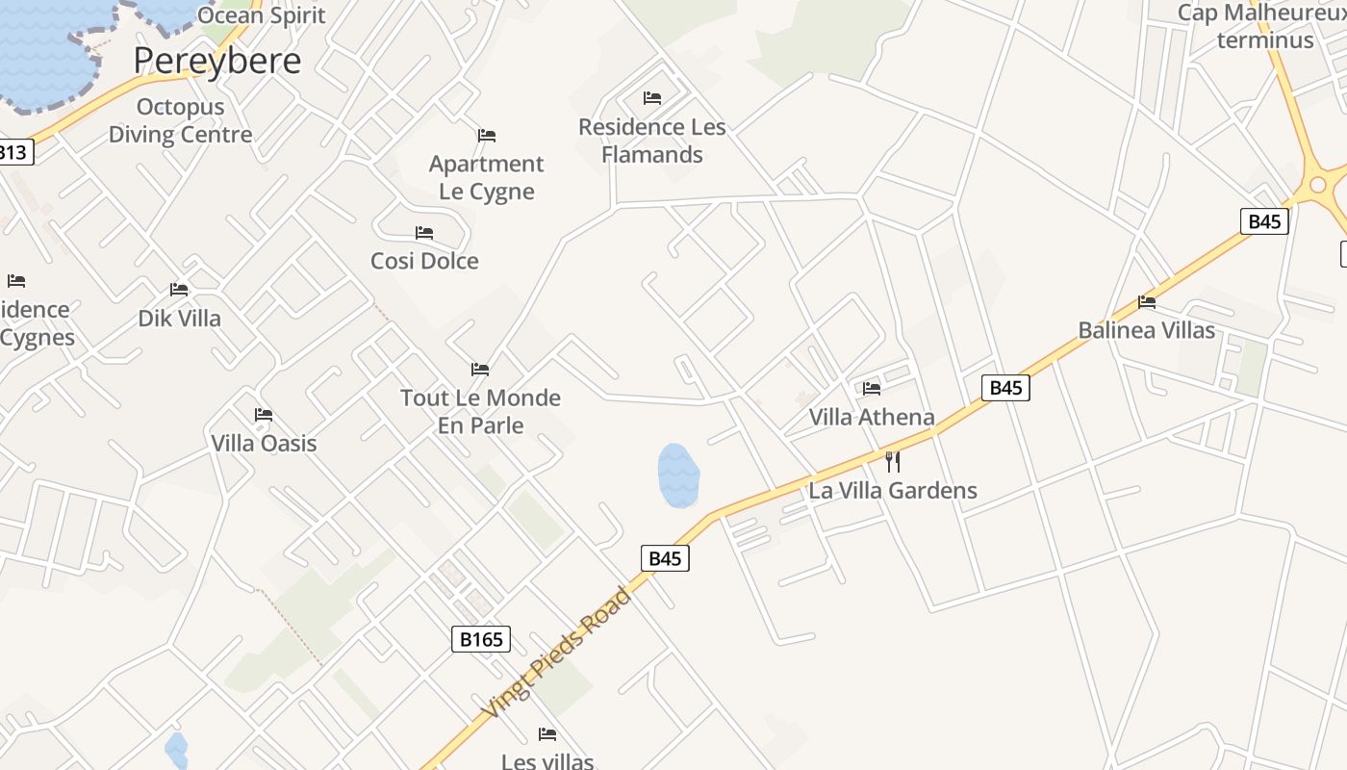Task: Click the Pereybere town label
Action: click(216, 61)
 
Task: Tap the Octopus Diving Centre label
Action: click(180, 120)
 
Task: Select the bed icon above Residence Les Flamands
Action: click(652, 98)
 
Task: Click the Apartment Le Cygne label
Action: click(486, 177)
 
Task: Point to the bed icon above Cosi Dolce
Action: click(424, 233)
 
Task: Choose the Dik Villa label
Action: click(179, 319)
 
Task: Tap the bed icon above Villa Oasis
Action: click(264, 415)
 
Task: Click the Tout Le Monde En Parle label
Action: click(480, 411)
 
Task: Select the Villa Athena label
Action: click(872, 417)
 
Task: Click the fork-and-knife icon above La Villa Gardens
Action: click(893, 461)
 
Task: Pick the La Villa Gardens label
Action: click(893, 490)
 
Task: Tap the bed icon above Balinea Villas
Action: click(1146, 302)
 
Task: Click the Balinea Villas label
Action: click(1146, 330)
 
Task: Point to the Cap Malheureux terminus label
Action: click(1264, 26)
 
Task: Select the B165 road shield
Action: click(480, 638)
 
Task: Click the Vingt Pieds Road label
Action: click(558, 653)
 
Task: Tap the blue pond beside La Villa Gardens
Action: click(678, 475)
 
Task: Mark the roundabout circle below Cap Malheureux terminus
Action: click(1318, 184)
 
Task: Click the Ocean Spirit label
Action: click(262, 14)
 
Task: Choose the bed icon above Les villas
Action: click(547, 734)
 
